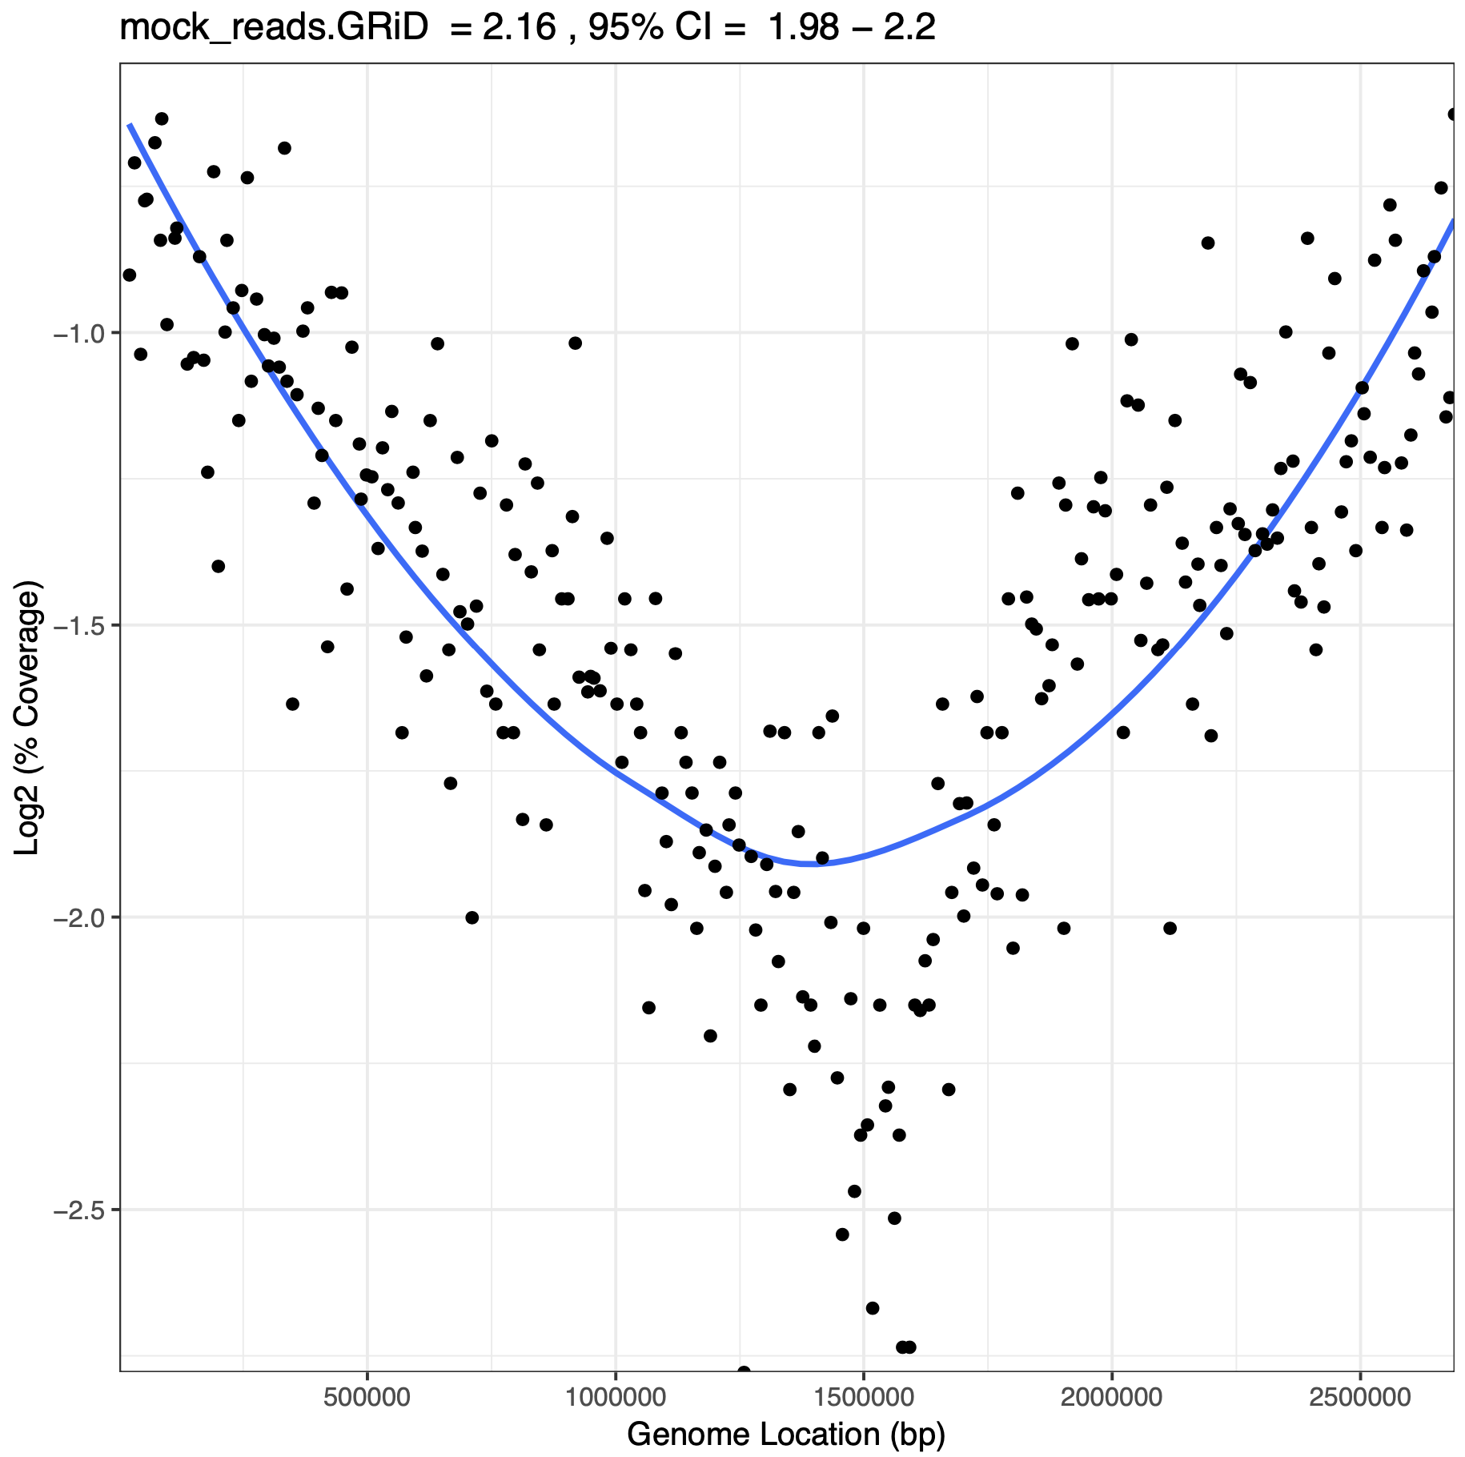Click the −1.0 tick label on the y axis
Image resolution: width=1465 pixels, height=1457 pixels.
coord(80,333)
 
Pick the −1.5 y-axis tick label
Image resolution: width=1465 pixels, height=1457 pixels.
coord(80,625)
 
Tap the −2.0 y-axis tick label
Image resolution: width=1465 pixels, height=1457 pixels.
coord(80,917)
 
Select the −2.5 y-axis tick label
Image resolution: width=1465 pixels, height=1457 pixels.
coord(80,1210)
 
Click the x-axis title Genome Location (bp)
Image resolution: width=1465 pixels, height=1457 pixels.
coord(786,1433)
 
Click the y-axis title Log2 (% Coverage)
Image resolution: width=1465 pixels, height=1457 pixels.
coord(29,720)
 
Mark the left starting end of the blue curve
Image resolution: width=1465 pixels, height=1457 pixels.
coord(130,125)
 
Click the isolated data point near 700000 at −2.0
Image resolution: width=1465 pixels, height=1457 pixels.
coord(472,917)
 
